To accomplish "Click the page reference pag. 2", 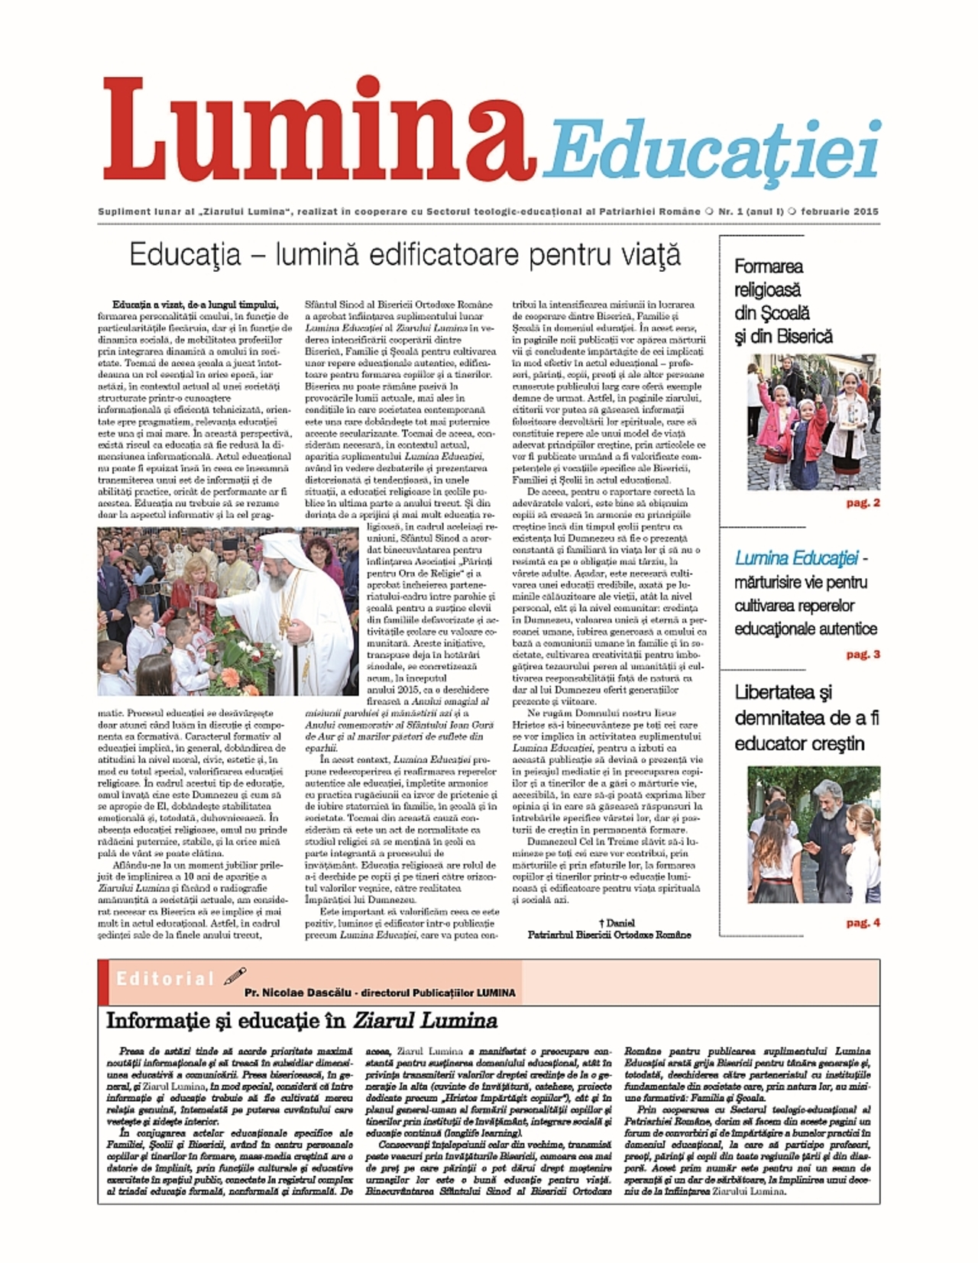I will [x=863, y=502].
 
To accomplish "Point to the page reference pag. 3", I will [x=863, y=654].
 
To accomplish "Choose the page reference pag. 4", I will [x=863, y=922].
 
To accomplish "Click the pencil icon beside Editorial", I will [x=235, y=976].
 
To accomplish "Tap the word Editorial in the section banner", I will [x=165, y=979].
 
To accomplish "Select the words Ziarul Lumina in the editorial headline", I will [x=425, y=1020].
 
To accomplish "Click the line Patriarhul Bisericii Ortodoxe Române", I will [x=609, y=934].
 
